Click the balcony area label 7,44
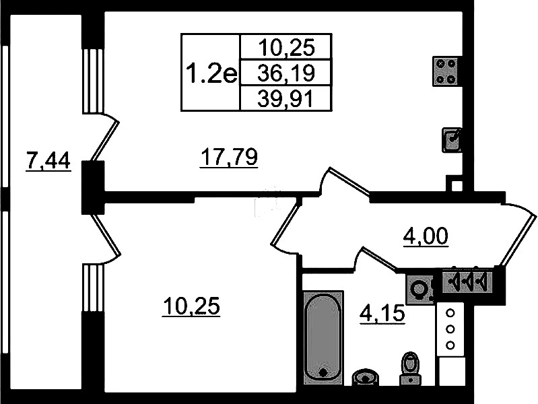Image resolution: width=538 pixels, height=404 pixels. pos(48,161)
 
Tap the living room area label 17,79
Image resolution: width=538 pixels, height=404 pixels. pos(229,157)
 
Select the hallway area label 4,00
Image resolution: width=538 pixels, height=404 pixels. pos(426,236)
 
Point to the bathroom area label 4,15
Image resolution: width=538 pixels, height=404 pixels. pos(382,313)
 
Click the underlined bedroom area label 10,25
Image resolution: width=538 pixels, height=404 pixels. pos(191,306)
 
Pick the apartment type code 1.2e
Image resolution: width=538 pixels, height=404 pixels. pos(211,73)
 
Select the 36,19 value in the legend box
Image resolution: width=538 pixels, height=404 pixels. pos(286,73)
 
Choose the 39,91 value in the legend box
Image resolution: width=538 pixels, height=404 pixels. pos(285,99)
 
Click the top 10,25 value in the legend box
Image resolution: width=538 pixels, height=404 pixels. pos(286,47)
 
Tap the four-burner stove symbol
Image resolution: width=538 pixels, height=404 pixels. pos(445,71)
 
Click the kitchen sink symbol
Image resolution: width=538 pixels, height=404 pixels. pos(451,139)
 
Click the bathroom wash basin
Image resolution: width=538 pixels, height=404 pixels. pos(365,377)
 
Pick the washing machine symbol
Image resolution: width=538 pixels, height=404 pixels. pos(419,289)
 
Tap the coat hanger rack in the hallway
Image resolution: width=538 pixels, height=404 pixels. pos(467,281)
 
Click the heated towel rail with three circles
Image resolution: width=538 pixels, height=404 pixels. pos(450,329)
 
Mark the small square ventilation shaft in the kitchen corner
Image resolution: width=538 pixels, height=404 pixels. pos(455,184)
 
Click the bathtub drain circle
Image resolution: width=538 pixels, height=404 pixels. pos(323,372)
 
